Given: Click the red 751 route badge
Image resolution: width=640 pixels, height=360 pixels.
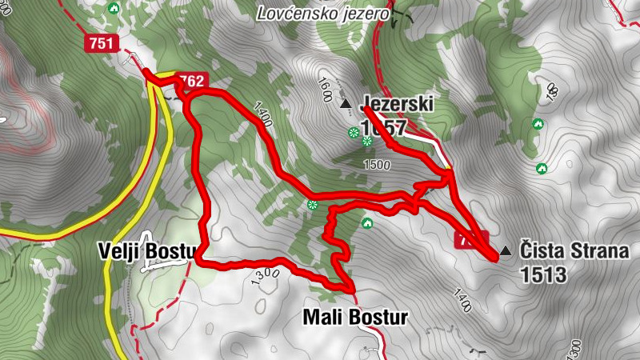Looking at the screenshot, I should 102,43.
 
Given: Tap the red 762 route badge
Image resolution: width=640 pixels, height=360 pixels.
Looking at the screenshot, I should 192,81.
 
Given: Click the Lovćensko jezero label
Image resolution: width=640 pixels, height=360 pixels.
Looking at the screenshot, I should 323,13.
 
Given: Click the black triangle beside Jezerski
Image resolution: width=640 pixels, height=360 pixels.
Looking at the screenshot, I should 346,104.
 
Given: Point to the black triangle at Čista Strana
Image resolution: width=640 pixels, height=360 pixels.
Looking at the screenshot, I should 504,252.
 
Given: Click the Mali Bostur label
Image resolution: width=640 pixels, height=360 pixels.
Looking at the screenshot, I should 354,318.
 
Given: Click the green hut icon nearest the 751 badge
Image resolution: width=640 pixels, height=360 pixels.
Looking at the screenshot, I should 114,9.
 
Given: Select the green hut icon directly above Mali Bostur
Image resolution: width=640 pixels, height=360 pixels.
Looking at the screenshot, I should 367,222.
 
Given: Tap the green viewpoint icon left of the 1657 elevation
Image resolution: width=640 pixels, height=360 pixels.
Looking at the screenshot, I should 352,131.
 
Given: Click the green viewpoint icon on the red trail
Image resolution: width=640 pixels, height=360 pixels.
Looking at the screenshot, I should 313,205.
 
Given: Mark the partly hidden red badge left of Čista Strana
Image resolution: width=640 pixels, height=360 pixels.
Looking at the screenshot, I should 468,241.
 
